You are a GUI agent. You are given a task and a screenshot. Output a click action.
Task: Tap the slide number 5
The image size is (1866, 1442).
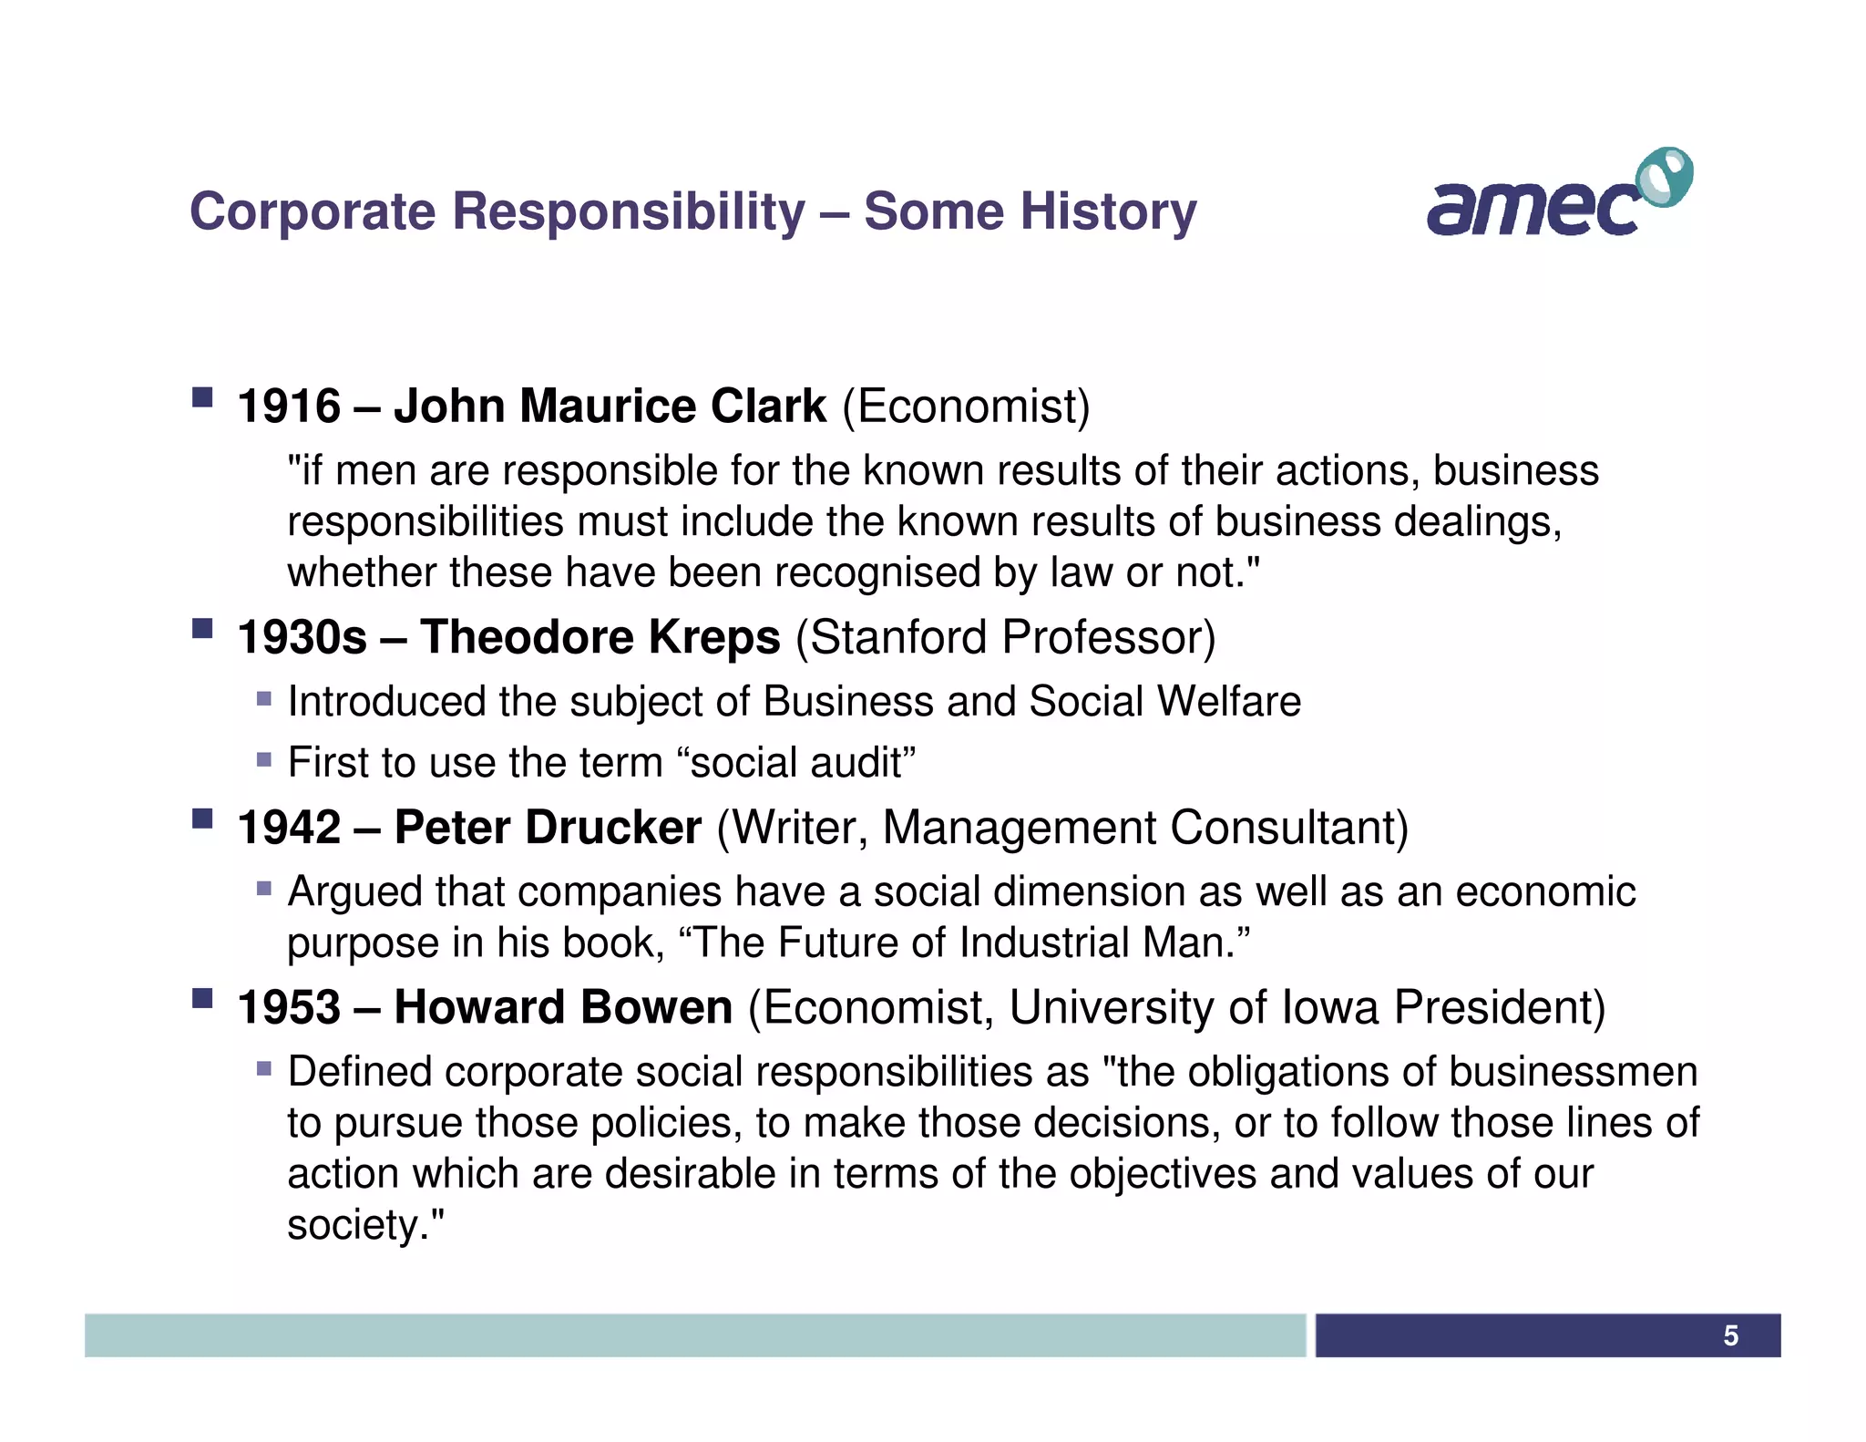(x=1730, y=1335)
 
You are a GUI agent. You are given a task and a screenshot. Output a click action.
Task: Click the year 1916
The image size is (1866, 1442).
(x=289, y=407)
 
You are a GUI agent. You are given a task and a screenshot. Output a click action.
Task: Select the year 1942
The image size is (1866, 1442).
(x=289, y=828)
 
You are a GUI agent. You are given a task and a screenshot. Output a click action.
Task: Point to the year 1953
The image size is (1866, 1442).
(x=289, y=1008)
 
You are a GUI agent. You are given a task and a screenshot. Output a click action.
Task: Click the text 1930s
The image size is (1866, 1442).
(x=302, y=637)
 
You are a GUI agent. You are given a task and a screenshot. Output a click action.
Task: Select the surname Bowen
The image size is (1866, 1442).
(x=656, y=1008)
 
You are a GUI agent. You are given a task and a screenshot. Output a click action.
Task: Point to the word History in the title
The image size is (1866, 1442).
(x=1108, y=211)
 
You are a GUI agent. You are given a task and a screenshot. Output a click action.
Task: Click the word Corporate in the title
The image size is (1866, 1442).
(x=313, y=211)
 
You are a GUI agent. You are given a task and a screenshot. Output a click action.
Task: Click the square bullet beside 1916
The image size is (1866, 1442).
(x=202, y=397)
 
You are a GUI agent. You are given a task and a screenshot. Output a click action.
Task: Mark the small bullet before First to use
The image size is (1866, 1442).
(x=264, y=759)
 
